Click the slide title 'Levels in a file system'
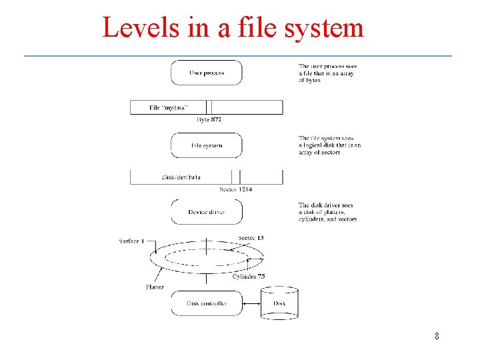(233, 27)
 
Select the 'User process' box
(207, 73)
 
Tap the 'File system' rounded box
(207, 145)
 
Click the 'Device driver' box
(207, 212)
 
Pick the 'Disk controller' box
(207, 303)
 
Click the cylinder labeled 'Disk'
(279, 303)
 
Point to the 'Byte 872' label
(209, 120)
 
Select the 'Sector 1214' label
(236, 190)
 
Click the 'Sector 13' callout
(251, 238)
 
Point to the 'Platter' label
(155, 287)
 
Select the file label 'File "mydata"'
(168, 107)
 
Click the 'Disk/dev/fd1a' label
(181, 177)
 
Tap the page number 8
(437, 336)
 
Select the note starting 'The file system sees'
(329, 145)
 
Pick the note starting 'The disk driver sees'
(327, 212)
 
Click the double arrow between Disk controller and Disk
(251, 303)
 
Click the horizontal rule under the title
(238, 55)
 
